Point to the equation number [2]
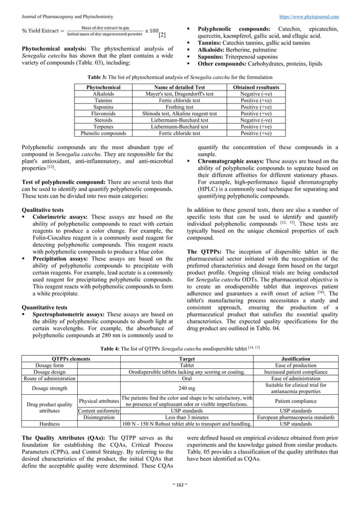point(162,35)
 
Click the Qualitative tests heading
point(39,209)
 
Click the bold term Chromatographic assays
point(230,161)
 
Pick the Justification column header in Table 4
point(295,359)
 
